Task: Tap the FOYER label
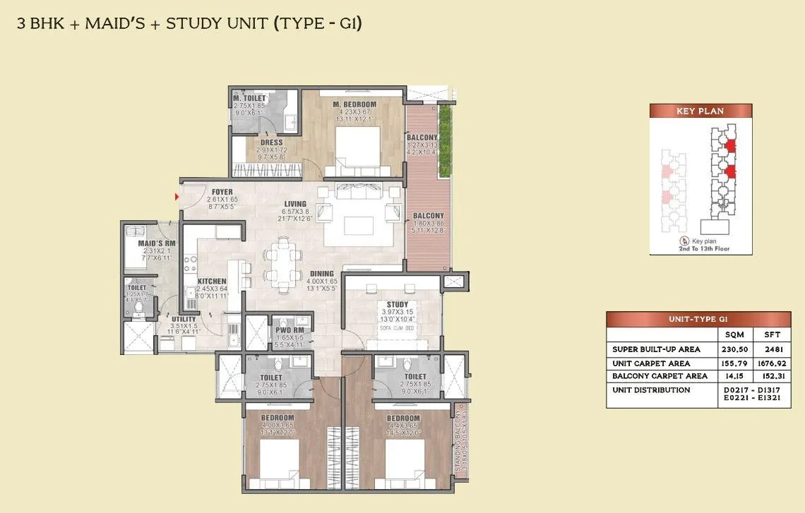222,192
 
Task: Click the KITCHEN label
212,282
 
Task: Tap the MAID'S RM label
151,243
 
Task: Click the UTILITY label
183,319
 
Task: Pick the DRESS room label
272,143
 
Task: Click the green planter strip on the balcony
445,141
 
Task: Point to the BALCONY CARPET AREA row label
660,376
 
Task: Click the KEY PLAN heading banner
700,111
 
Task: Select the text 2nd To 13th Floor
700,248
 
